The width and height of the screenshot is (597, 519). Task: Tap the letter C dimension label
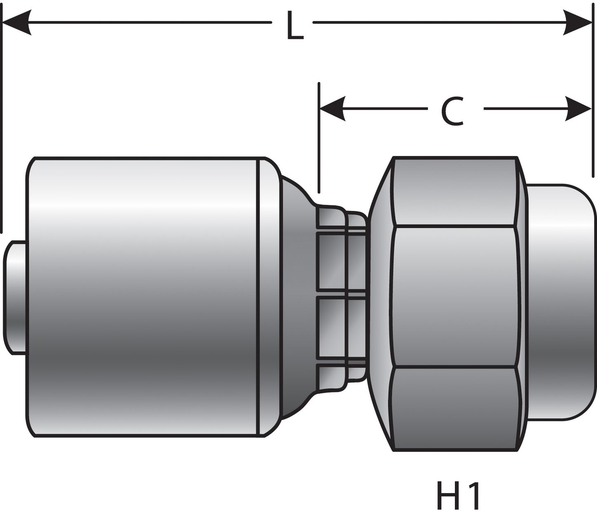click(x=452, y=112)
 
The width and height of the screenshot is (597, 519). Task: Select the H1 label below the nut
click(x=458, y=496)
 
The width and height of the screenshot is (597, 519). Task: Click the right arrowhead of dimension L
click(x=578, y=22)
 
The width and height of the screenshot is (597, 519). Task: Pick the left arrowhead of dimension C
click(x=332, y=109)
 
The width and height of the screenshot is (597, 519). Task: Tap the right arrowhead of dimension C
click(x=578, y=109)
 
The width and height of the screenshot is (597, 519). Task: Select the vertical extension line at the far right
click(x=592, y=95)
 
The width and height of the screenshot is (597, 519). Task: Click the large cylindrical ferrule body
click(x=144, y=297)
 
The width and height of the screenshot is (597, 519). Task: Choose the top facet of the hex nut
click(x=453, y=192)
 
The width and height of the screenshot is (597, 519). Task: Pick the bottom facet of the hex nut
click(x=453, y=408)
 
